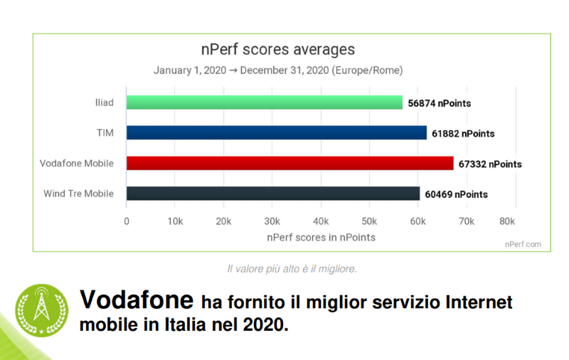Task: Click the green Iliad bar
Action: point(265,102)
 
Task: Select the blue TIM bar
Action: point(277,133)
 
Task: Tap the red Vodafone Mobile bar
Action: point(289,164)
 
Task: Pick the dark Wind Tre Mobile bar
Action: point(273,194)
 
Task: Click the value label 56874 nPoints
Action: point(440,103)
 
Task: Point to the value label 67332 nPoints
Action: point(490,164)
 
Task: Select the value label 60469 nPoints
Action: point(457,194)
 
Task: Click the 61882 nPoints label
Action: point(463,134)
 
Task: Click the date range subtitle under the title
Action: point(278,70)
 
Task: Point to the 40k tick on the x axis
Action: point(321,221)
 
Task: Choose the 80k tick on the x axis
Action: point(506,221)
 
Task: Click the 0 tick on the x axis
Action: point(127,221)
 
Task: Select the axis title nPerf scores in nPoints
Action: point(321,237)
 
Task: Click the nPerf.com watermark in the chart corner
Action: point(523,244)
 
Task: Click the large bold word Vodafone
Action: point(136,300)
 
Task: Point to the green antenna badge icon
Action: point(42,310)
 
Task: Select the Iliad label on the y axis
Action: point(104,103)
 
